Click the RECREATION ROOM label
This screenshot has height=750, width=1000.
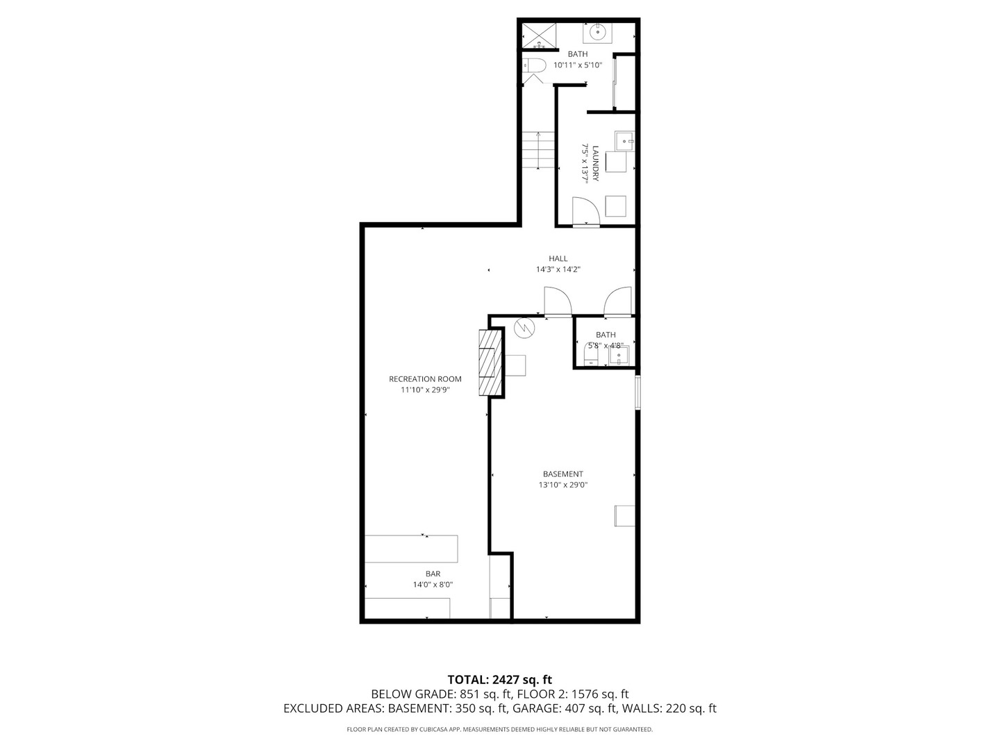[425, 378]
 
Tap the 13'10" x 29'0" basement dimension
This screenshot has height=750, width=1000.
[562, 485]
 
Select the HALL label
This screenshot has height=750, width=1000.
[558, 258]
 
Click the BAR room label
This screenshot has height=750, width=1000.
[433, 574]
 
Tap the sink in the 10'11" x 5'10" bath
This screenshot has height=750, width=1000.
[597, 32]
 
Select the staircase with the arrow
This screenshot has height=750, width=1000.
[539, 149]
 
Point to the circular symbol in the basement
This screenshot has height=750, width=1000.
[524, 327]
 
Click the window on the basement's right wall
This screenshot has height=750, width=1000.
[637, 393]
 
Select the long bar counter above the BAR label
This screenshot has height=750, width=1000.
[411, 549]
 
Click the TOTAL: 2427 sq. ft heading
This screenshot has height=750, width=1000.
[500, 679]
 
